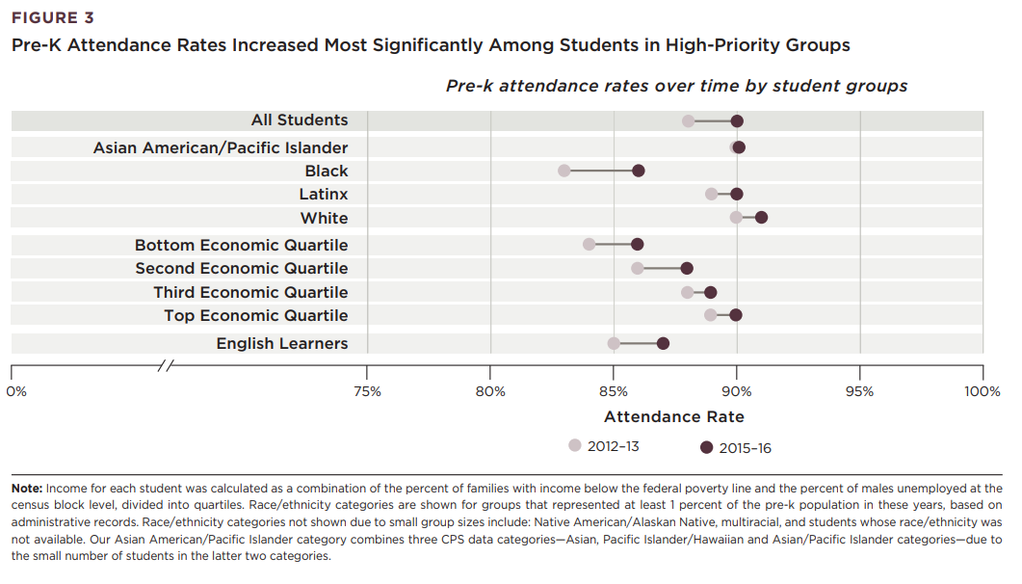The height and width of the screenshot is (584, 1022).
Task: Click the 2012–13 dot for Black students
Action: (564, 171)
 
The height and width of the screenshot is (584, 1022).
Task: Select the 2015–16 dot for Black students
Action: (638, 171)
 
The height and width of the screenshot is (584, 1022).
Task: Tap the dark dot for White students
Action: (761, 217)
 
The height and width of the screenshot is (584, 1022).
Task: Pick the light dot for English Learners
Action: (614, 343)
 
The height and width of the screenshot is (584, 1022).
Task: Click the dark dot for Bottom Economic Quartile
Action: (637, 244)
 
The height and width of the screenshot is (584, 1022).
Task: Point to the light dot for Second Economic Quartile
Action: (638, 268)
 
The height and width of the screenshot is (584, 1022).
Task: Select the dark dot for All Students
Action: (737, 120)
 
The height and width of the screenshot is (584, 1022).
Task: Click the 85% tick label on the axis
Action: (614, 391)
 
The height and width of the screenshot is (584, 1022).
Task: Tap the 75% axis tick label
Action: (367, 391)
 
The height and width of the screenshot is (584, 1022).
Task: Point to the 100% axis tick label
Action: (982, 391)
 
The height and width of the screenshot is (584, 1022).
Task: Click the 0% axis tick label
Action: (16, 391)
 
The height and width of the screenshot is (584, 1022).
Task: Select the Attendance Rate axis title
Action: (673, 417)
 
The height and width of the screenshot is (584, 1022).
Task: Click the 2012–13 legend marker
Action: (575, 446)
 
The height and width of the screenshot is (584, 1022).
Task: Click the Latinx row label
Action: (324, 195)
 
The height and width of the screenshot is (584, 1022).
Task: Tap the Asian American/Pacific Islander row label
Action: (221, 147)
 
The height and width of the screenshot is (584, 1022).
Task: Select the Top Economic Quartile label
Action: (255, 315)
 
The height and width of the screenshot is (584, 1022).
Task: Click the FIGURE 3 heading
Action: (53, 18)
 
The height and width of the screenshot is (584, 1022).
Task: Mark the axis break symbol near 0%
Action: (167, 366)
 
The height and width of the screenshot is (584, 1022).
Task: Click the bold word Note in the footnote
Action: (26, 489)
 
